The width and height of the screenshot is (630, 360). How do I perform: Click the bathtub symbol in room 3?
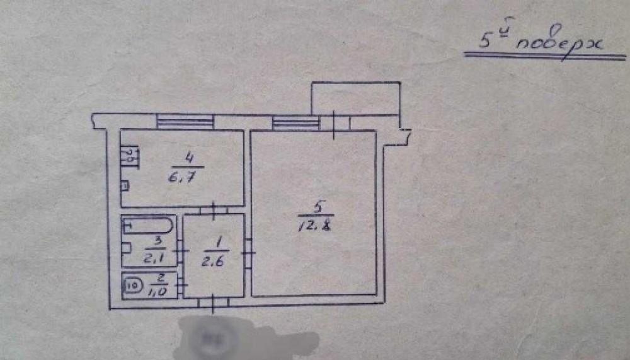(148, 225)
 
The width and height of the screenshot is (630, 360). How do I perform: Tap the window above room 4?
(185, 122)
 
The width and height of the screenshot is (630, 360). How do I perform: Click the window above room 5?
(295, 122)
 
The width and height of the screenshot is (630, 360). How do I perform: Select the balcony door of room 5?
(334, 124)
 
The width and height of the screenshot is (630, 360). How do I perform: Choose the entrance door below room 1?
(213, 303)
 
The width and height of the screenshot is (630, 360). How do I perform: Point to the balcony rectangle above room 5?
(356, 98)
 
